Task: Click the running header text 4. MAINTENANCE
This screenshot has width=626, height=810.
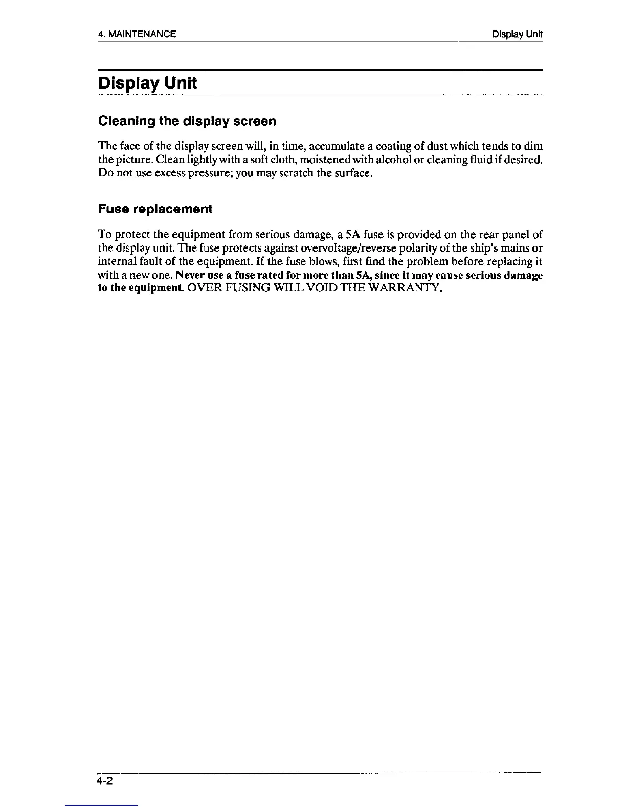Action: [x=137, y=34]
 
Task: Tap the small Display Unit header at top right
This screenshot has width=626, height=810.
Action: [x=517, y=34]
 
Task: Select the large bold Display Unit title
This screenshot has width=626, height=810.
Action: [x=147, y=83]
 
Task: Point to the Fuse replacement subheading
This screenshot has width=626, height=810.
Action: [x=154, y=209]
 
